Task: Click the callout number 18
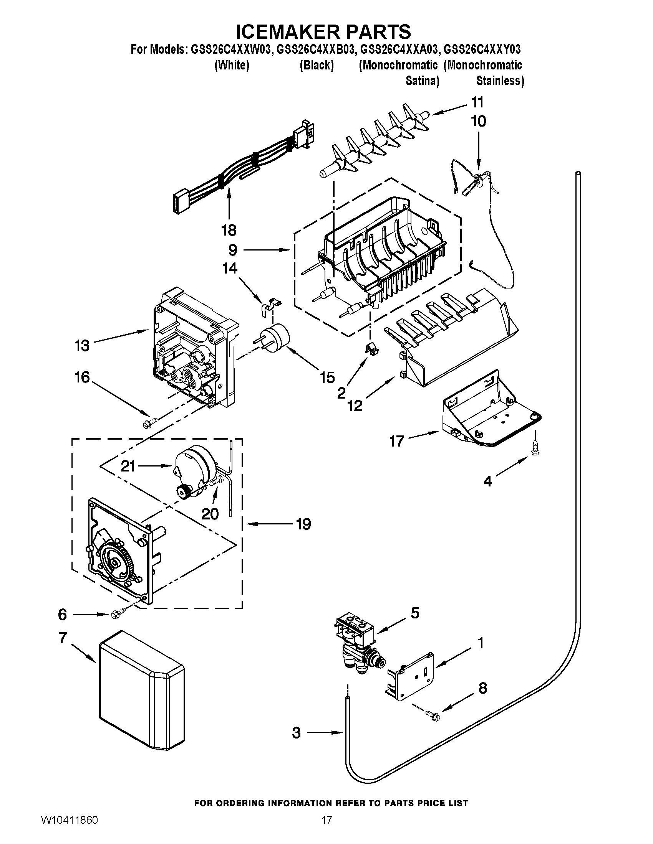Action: [x=229, y=230]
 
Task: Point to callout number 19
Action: [x=303, y=524]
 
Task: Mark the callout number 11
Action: [x=477, y=102]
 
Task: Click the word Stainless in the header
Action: [x=499, y=81]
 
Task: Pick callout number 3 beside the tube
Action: [x=296, y=733]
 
